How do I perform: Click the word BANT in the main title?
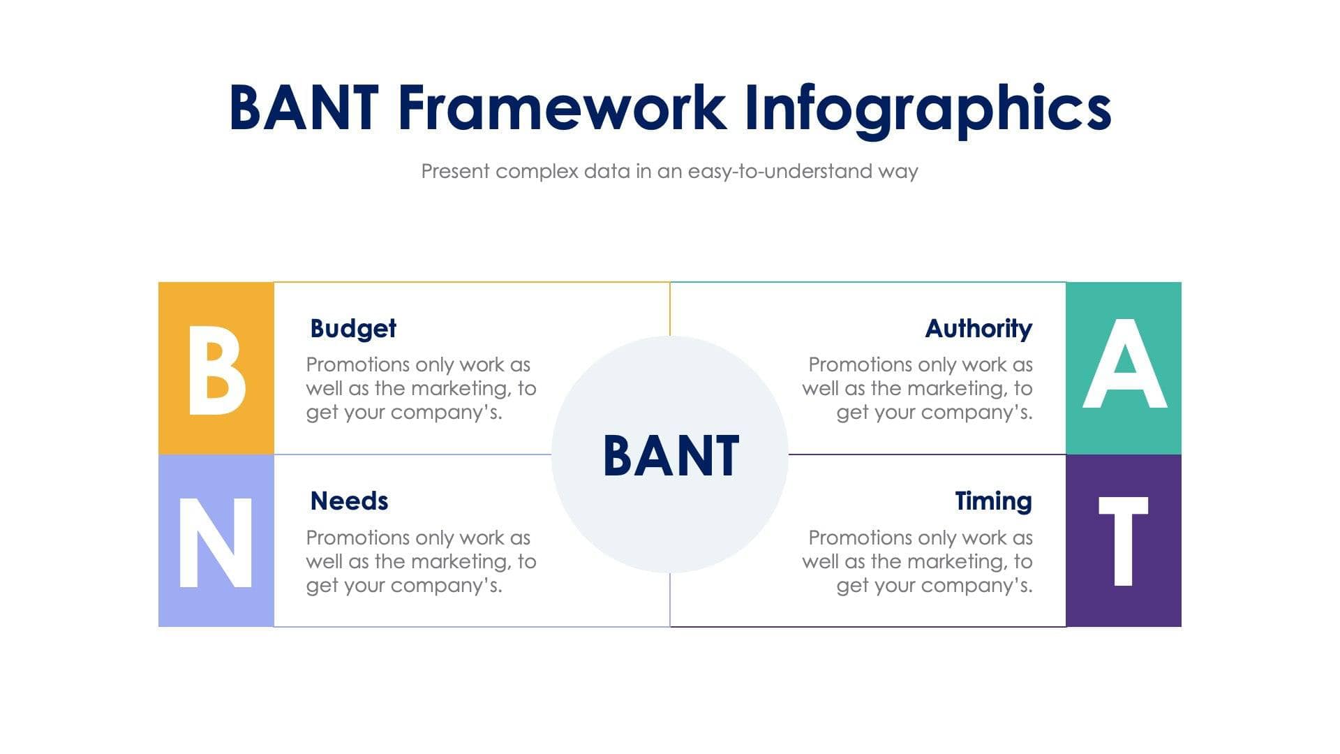[x=304, y=108]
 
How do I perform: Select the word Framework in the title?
[x=562, y=108]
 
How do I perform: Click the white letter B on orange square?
[x=216, y=370]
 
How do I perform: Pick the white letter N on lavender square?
[x=216, y=543]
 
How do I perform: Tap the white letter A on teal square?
[x=1124, y=364]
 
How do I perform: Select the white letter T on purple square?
[x=1123, y=542]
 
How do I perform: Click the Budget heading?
[x=352, y=329]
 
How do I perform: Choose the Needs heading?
[x=349, y=501]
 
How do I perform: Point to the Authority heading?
[x=978, y=329]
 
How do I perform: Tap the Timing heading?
[x=992, y=501]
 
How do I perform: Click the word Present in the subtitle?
[x=455, y=172]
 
